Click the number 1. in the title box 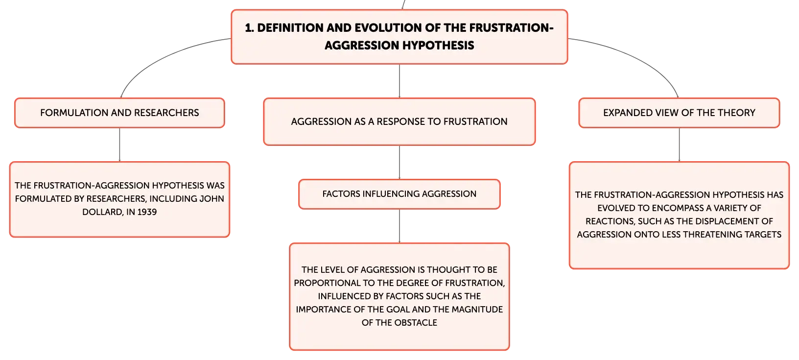(x=249, y=28)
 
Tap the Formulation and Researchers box (x=119, y=113)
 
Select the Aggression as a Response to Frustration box (x=399, y=121)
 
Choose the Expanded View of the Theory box (x=679, y=113)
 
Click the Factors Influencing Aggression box (x=399, y=194)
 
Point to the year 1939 (x=147, y=212)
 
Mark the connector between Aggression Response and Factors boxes (x=399, y=162)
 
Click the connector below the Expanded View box (x=679, y=145)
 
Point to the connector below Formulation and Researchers (x=119, y=145)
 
